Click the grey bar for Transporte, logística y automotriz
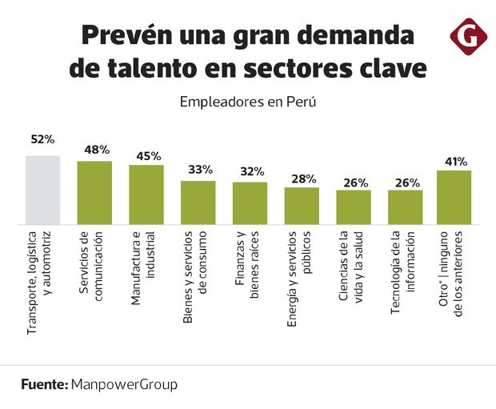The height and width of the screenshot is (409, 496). (42, 190)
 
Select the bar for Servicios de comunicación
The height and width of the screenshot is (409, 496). (94, 192)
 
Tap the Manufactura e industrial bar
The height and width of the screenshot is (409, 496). (146, 194)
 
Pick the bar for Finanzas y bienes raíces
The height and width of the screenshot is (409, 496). (250, 202)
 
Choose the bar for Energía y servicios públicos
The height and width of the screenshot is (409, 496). (302, 205)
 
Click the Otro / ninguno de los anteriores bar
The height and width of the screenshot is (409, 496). (454, 197)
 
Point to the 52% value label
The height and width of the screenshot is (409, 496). (42, 139)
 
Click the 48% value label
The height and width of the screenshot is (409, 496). (97, 150)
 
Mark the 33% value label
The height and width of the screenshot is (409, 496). (200, 170)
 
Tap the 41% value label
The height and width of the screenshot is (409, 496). (456, 161)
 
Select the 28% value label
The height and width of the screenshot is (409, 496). (304, 178)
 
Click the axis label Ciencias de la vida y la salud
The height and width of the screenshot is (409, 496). (353, 276)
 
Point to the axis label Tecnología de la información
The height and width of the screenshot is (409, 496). (405, 276)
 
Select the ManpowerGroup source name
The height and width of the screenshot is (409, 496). (124, 384)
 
